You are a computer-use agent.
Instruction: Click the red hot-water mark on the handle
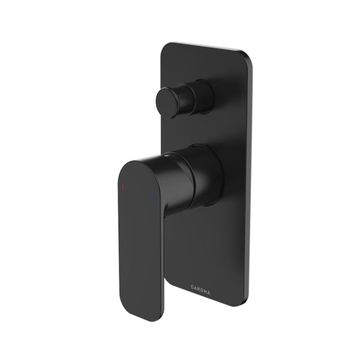pyautogui.click(x=123, y=187)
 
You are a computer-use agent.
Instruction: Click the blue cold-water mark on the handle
pyautogui.click(x=154, y=196)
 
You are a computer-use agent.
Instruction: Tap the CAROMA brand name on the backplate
pyautogui.click(x=200, y=292)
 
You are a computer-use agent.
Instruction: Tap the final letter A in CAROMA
pyautogui.click(x=209, y=293)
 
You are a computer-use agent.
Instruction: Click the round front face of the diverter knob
pyautogui.click(x=167, y=103)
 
